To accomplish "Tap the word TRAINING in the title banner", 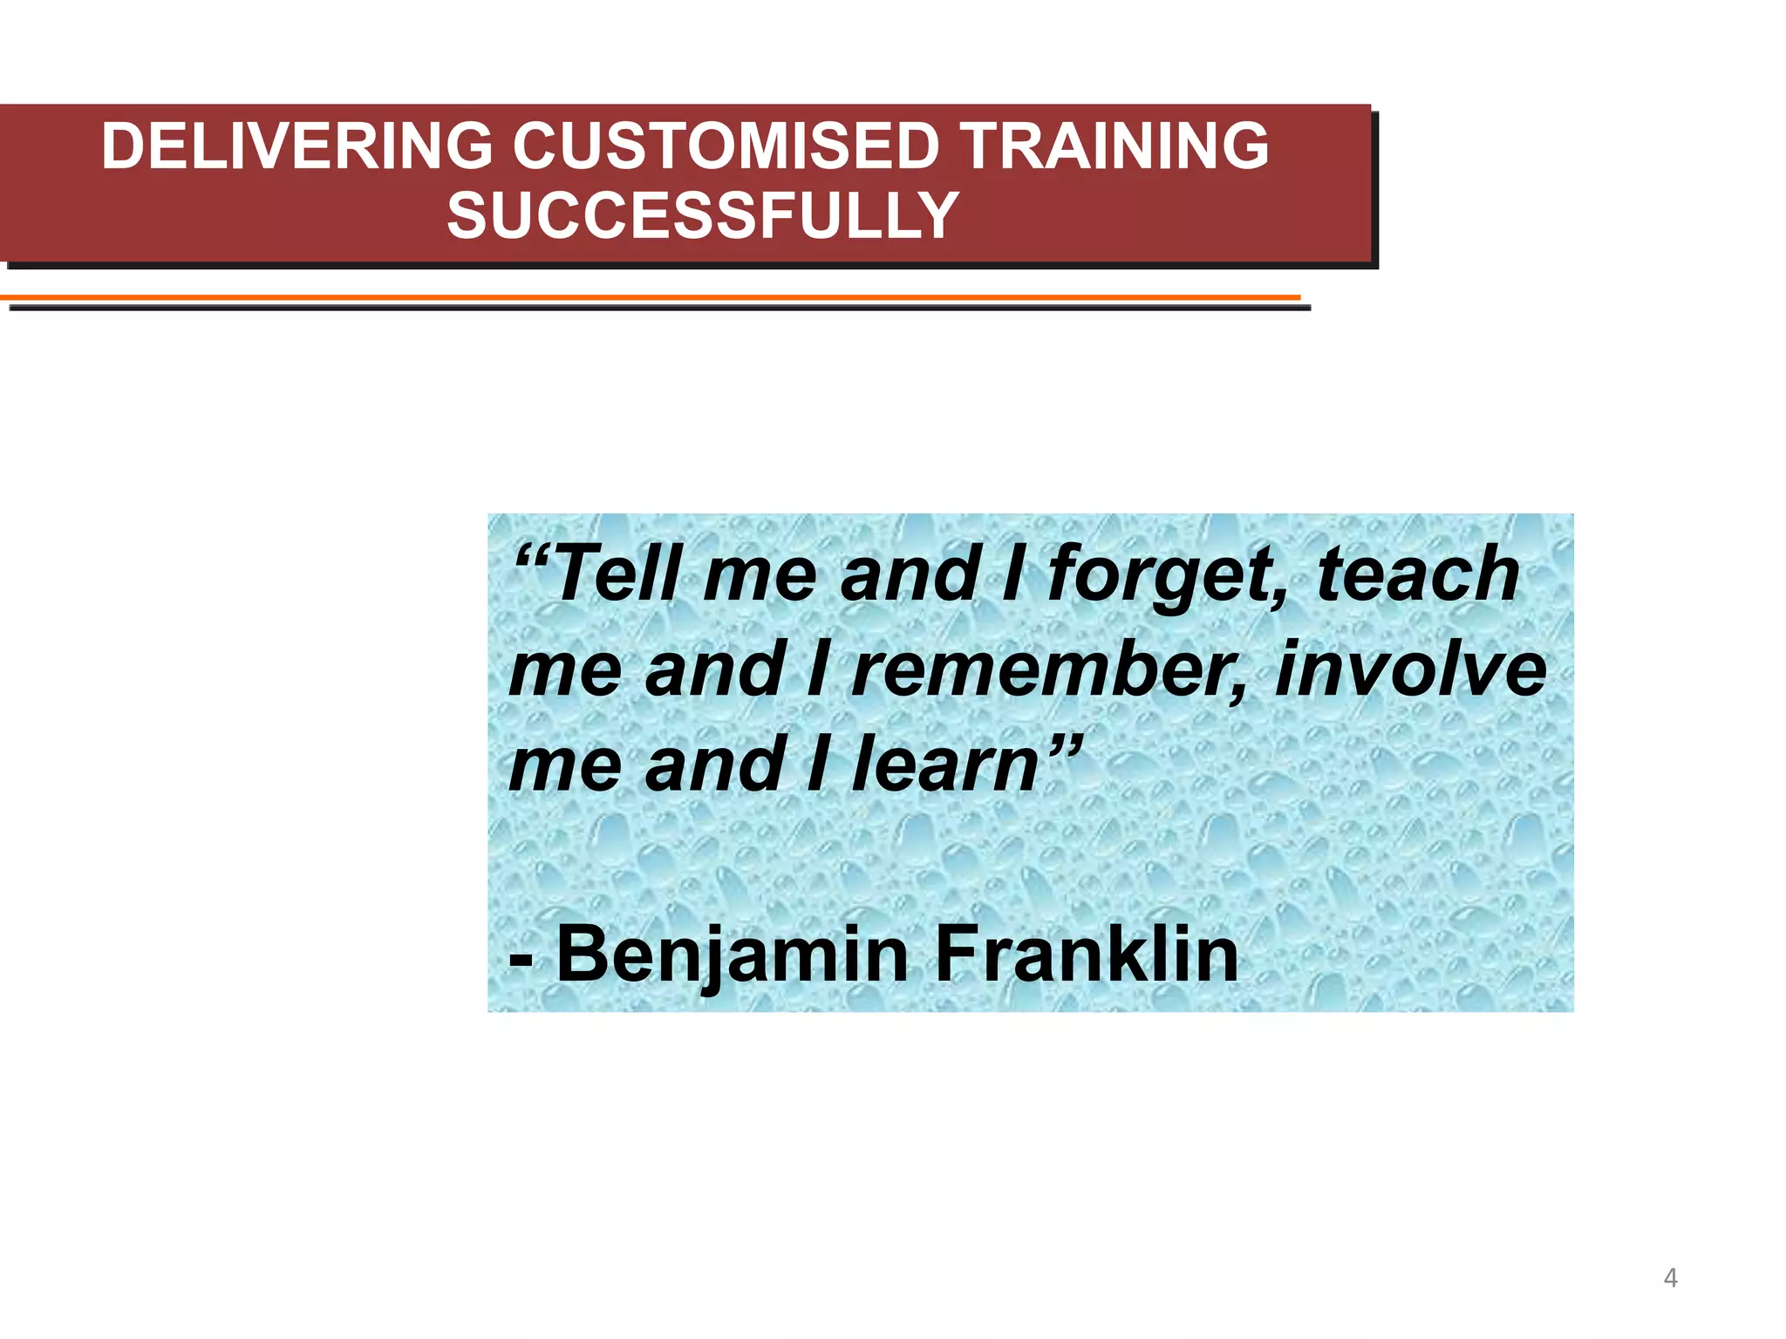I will (1115, 146).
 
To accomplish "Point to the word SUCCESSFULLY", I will (703, 216).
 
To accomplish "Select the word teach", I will (1418, 574).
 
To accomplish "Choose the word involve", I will (1411, 669).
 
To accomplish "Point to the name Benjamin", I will (733, 955).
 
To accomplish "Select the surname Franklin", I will (1086, 954).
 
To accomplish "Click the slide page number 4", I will (1670, 1278).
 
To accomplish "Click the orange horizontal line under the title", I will (650, 297).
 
